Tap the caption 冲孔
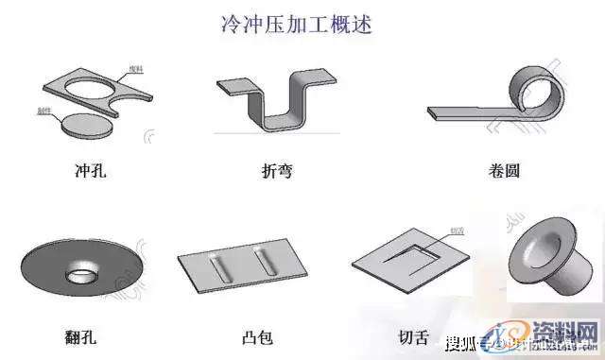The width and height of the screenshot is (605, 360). click(93, 173)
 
